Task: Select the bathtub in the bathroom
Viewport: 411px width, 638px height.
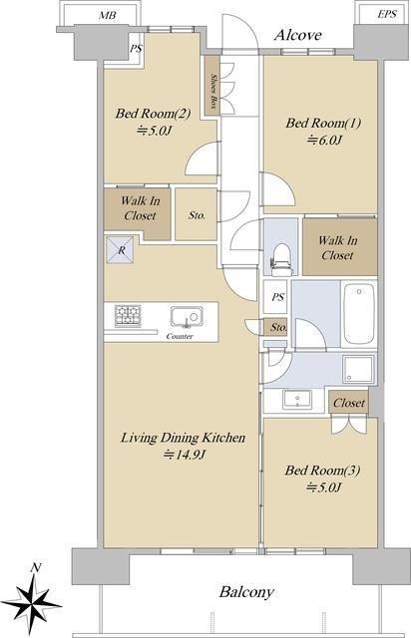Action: (x=359, y=314)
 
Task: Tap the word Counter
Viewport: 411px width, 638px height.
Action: (x=180, y=337)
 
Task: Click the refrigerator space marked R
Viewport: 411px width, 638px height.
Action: (x=120, y=250)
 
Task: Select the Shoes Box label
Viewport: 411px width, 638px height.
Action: (x=213, y=91)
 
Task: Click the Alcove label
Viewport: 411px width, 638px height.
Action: (x=298, y=35)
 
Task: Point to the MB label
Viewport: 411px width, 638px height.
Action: (x=108, y=16)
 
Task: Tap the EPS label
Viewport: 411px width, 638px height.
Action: (x=387, y=14)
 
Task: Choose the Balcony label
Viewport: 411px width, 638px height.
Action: (x=246, y=592)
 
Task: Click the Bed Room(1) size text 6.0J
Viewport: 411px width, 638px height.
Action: (x=324, y=141)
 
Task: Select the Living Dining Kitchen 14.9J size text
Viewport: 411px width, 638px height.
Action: (x=184, y=455)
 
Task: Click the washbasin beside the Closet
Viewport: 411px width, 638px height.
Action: (x=297, y=400)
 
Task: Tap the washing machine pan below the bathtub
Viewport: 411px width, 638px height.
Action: (x=358, y=369)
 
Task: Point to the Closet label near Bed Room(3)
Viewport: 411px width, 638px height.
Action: (x=349, y=403)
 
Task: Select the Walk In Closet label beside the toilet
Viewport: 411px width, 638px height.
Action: (x=338, y=248)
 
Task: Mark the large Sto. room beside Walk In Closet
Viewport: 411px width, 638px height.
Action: (x=196, y=214)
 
